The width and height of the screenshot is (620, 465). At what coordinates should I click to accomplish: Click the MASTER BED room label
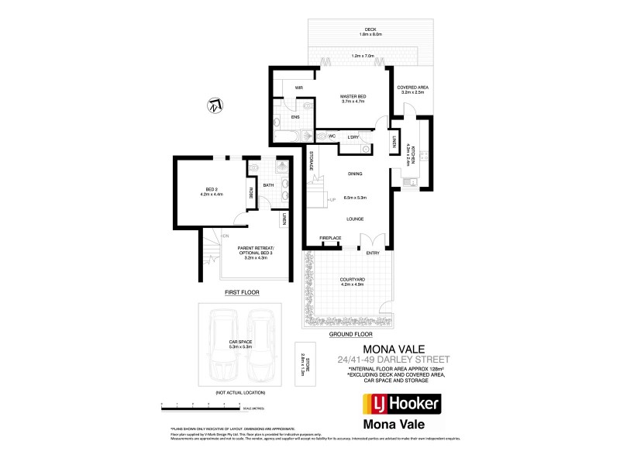[353, 96]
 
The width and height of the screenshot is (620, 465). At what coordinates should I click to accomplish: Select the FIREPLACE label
[330, 237]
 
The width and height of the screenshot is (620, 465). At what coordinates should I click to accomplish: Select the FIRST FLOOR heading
[242, 293]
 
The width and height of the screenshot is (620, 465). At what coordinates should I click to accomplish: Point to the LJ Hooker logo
[402, 381]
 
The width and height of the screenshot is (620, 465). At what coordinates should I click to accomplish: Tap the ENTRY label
[373, 253]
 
